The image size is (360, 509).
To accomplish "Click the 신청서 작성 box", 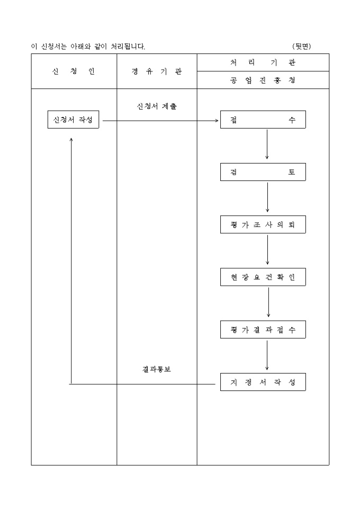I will pos(73,120).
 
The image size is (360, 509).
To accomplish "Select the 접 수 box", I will pos(263,120).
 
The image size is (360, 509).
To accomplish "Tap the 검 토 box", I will pos(263,172).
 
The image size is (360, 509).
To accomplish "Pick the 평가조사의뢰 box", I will pos(263,225).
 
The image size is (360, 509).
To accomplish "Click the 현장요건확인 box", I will pos(263,277).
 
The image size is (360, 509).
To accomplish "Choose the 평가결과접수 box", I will pos(263,330).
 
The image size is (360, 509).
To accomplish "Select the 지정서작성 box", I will pos(263,382).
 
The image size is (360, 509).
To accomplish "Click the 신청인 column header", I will pos(74,71).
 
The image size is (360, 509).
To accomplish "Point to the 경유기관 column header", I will pos(157,71).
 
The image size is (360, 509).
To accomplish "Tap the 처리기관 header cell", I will pos(263,62).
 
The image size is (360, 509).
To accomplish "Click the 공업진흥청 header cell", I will pos(263,80).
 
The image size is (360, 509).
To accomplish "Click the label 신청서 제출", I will pos(157,106).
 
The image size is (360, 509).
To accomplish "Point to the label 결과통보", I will pos(157,369).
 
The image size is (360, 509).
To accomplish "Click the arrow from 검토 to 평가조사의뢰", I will pos(267,197).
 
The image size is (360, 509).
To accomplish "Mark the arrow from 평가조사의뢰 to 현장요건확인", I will pos(267,249).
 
